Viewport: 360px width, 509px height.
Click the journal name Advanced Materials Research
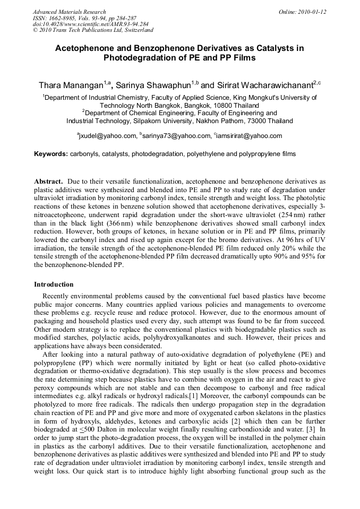(x=69, y=12)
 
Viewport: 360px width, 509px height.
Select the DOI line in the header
(x=90, y=24)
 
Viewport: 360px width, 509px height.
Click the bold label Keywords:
(x=51, y=154)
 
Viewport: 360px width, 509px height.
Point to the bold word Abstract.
(x=49, y=181)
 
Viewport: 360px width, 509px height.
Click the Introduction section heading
(x=54, y=284)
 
